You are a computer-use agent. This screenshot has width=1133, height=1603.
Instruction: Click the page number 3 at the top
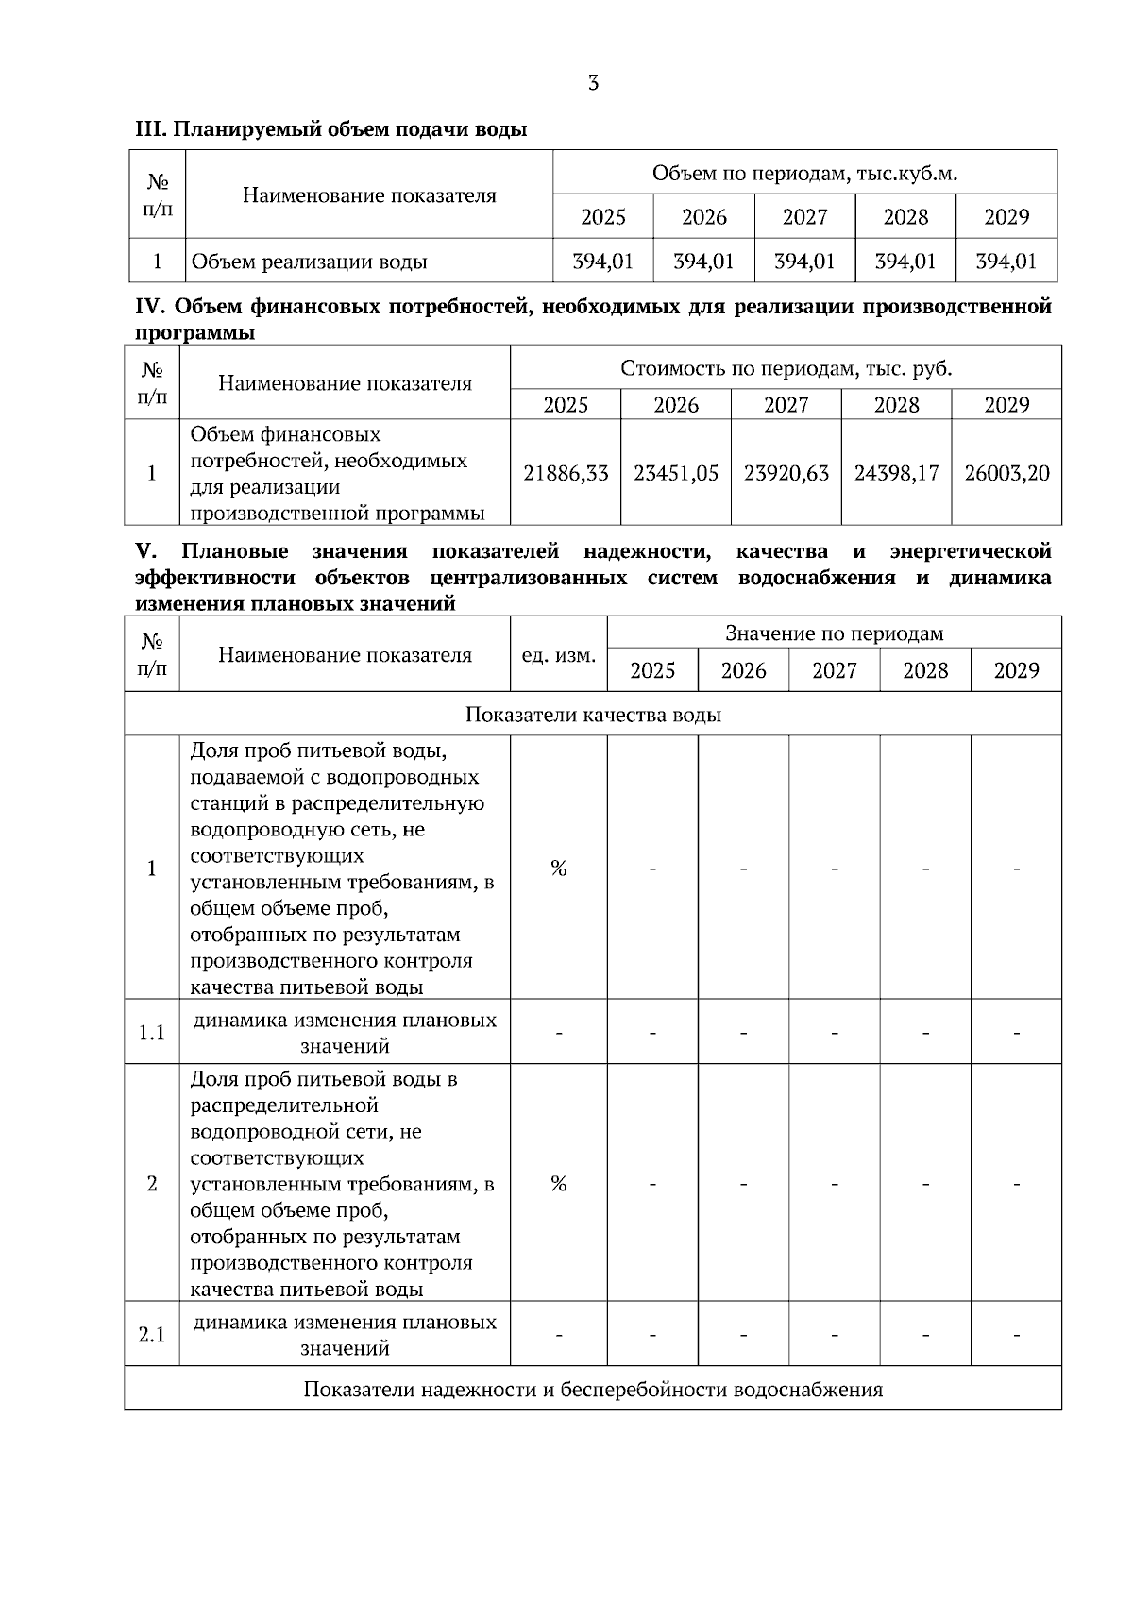click(x=593, y=83)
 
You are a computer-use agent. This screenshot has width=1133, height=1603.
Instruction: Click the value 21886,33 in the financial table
click(x=566, y=473)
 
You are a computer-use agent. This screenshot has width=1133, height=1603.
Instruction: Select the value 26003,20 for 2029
click(x=1006, y=473)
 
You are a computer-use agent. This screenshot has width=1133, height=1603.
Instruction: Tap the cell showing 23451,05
click(x=676, y=473)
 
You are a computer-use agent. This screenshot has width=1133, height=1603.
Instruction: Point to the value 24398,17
click(x=896, y=473)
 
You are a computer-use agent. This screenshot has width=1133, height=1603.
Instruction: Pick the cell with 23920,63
click(x=786, y=473)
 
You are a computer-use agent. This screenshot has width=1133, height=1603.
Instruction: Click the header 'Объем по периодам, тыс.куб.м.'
click(x=804, y=174)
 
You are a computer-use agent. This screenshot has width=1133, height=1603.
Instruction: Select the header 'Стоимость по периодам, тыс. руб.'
click(x=786, y=368)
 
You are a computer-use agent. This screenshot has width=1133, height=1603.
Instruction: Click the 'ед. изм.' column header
click(x=558, y=655)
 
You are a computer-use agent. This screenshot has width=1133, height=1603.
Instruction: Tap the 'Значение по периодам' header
click(x=834, y=633)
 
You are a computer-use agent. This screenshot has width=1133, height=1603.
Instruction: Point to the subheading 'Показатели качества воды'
click(x=593, y=715)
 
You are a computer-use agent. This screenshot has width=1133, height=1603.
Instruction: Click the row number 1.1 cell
click(x=152, y=1033)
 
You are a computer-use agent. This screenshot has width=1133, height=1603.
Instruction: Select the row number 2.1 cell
click(x=152, y=1335)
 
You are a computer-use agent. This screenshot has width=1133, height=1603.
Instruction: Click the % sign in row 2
click(x=558, y=1184)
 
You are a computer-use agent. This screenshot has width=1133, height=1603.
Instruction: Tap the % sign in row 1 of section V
click(x=558, y=869)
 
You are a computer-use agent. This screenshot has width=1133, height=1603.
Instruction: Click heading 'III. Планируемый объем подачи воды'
click(x=330, y=130)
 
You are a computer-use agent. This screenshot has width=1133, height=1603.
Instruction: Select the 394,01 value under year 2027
click(x=804, y=262)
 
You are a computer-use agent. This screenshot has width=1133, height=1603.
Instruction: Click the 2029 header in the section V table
click(x=1016, y=671)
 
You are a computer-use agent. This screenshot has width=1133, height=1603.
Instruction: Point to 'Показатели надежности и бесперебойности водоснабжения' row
click(x=593, y=1390)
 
